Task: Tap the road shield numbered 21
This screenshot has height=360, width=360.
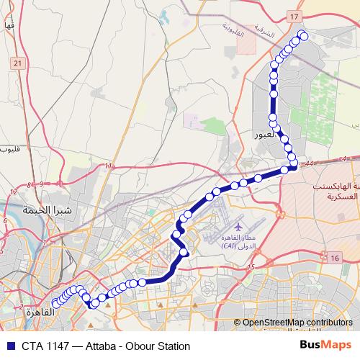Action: coord(17,63)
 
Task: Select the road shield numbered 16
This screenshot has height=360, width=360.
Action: coord(335,258)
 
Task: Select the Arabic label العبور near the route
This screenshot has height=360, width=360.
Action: coord(265,135)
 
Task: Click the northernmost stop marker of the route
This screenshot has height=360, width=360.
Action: coord(303,36)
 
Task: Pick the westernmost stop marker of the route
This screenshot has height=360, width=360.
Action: coord(56,304)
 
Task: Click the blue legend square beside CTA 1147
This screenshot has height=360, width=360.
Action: coord(8,346)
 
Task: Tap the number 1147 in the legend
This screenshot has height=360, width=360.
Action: coord(58,346)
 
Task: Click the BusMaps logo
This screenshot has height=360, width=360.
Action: coord(325,346)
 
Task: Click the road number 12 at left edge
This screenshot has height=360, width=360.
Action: coord(15,192)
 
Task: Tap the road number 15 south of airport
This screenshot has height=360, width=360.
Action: coord(251,268)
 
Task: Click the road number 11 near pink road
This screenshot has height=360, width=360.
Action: coord(109,166)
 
